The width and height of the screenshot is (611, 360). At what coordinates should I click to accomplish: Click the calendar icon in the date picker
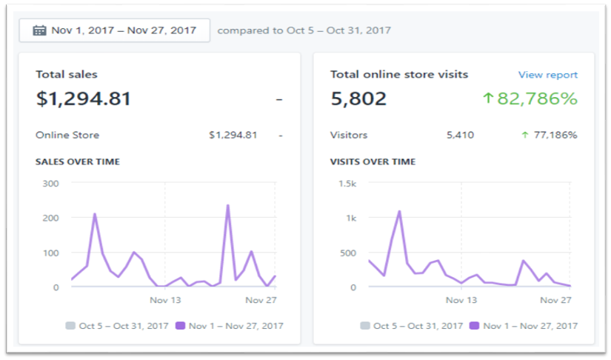click(x=39, y=30)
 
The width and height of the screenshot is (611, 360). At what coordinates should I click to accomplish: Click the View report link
click(x=547, y=75)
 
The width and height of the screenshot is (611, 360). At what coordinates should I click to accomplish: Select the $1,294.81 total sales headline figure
click(x=83, y=98)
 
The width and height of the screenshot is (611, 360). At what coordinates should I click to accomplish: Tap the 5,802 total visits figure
click(x=358, y=98)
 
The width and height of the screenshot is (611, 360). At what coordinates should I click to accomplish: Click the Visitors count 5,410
click(x=460, y=135)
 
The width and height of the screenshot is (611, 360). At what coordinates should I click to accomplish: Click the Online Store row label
click(x=67, y=135)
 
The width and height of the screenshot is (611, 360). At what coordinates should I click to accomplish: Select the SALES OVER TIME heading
click(x=77, y=161)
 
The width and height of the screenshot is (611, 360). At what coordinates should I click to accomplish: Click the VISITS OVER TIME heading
click(x=373, y=161)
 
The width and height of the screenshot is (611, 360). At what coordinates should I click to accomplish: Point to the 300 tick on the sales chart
click(x=50, y=183)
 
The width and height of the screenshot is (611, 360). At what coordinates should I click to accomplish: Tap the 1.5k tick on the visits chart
click(x=346, y=183)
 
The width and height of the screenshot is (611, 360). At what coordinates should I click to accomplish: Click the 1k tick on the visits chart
click(x=349, y=218)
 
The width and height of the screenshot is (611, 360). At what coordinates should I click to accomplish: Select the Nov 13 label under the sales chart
click(x=165, y=300)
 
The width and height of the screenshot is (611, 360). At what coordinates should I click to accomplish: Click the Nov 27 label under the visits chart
click(x=555, y=300)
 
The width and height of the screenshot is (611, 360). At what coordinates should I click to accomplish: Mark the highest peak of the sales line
click(x=227, y=205)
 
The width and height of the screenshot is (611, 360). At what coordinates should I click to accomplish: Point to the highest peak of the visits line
click(x=399, y=211)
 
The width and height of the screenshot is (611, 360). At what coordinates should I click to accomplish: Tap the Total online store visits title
click(x=399, y=75)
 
